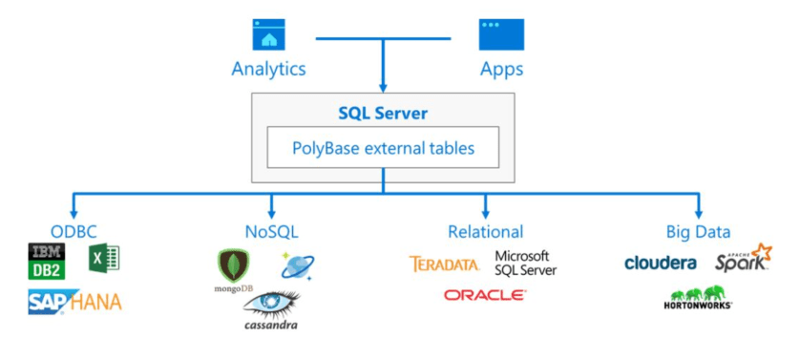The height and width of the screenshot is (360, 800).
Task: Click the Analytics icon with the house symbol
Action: click(x=269, y=35)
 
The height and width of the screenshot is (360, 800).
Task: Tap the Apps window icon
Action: click(x=495, y=35)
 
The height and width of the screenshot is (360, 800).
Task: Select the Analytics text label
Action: click(x=268, y=70)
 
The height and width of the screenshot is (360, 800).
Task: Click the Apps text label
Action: click(x=500, y=70)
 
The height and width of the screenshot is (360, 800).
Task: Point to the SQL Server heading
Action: click(x=382, y=114)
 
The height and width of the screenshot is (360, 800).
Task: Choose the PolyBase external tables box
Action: click(x=382, y=148)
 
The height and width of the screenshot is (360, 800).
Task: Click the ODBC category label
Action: click(x=74, y=231)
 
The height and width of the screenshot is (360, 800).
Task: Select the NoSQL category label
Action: click(x=271, y=231)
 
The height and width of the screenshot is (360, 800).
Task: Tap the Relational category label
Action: click(x=485, y=231)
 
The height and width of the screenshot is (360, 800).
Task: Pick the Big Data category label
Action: click(x=698, y=231)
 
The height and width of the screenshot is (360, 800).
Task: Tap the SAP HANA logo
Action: click(x=74, y=304)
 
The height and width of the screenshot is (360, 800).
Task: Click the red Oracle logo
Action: click(x=484, y=296)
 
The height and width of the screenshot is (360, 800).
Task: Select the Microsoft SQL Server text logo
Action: click(x=524, y=264)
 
